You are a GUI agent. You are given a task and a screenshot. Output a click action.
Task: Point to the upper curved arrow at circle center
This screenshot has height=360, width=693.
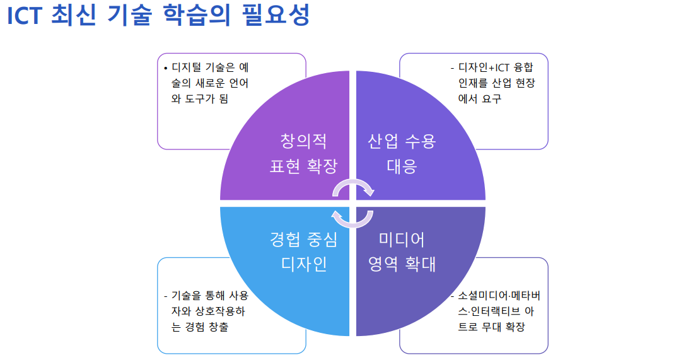click(353, 187)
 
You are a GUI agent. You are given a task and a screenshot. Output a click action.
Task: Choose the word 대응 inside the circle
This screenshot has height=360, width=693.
click(402, 166)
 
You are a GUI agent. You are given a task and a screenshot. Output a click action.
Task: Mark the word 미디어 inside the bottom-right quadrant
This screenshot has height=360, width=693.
click(402, 240)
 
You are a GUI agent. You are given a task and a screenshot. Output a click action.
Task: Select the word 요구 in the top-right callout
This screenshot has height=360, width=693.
click(491, 98)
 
